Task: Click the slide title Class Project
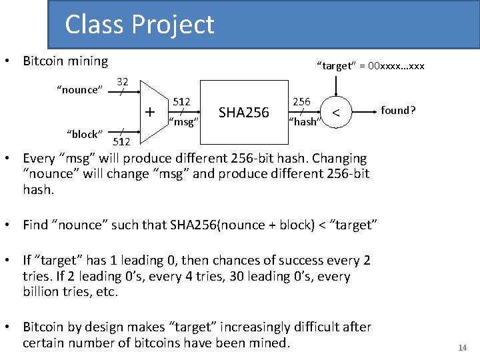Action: point(139,25)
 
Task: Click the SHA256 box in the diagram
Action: point(243,113)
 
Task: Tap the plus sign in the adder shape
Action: point(151,111)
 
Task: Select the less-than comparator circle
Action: point(337,113)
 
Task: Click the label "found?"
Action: point(398,110)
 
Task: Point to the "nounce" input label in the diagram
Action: point(79,90)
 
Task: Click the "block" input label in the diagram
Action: point(84,134)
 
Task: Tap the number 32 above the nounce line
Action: point(122,81)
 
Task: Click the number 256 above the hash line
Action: point(302,101)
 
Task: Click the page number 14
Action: point(462,348)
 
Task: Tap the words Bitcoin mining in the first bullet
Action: point(65,61)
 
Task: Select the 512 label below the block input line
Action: point(121,141)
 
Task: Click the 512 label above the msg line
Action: point(182,102)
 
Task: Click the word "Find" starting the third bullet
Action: point(35,225)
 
